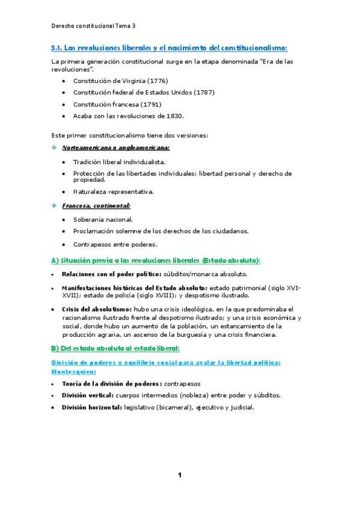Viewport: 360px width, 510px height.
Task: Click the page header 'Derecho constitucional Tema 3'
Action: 93,26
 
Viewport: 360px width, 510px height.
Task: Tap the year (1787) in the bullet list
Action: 203,92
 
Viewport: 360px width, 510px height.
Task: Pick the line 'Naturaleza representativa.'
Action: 114,192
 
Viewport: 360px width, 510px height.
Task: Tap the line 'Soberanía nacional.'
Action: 103,220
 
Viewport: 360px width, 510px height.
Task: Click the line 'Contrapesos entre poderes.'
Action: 115,244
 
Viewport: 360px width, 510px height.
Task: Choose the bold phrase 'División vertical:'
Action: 87,395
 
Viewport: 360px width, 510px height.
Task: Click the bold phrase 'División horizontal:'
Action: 91,407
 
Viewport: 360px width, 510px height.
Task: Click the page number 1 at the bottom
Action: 180,475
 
